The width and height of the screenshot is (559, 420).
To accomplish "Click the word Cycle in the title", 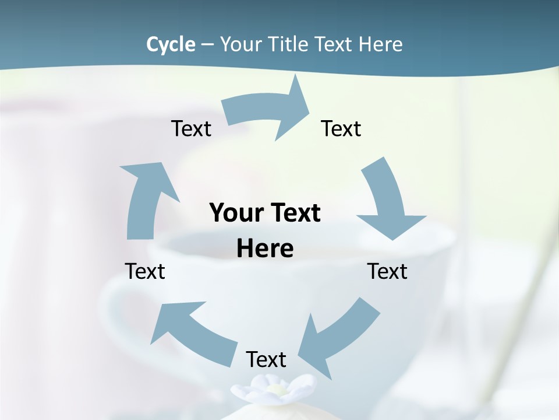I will [x=171, y=44].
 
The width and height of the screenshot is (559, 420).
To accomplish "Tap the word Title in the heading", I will [x=292, y=44].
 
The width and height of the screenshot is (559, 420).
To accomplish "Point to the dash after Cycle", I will [x=208, y=45].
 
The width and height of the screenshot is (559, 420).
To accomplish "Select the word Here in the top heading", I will [x=381, y=44].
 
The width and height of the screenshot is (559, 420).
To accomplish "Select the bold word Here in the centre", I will [x=265, y=249].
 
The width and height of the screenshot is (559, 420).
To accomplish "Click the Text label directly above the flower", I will [x=266, y=359].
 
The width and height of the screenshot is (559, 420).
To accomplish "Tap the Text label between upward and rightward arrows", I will [x=191, y=128].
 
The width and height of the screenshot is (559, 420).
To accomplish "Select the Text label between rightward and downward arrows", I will [x=341, y=128].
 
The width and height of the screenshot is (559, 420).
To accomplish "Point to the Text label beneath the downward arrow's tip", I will [x=387, y=271].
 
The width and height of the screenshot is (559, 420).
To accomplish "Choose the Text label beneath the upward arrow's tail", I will [x=145, y=271].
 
